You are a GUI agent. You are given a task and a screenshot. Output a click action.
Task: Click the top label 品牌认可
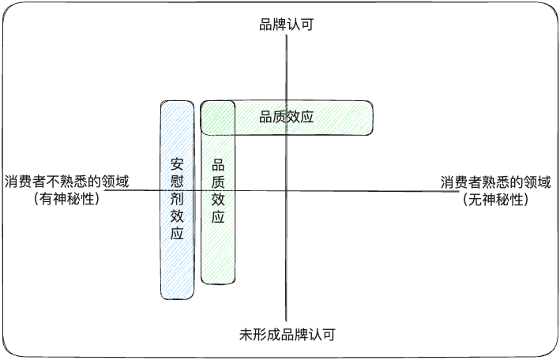pyautogui.click(x=287, y=24)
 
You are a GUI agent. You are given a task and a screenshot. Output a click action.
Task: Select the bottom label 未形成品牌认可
pyautogui.click(x=288, y=335)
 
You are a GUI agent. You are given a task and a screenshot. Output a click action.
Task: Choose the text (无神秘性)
pyautogui.click(x=495, y=200)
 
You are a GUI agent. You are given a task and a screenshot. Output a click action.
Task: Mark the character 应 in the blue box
pyautogui.click(x=177, y=234)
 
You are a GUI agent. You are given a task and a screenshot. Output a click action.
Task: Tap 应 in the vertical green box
pyautogui.click(x=219, y=217)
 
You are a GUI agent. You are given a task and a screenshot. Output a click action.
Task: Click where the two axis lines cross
pyautogui.click(x=288, y=191)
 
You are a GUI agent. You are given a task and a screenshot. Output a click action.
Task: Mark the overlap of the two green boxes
pyautogui.click(x=218, y=118)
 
